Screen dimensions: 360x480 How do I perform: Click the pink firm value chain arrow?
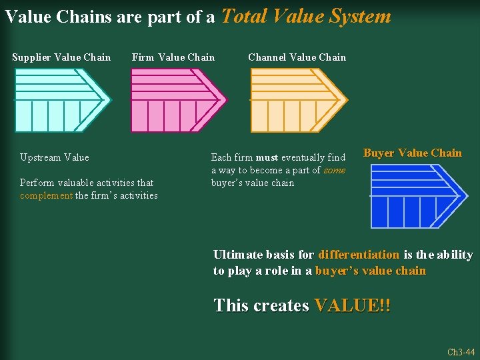click(x=177, y=100)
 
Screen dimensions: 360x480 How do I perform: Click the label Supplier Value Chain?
click(x=61, y=57)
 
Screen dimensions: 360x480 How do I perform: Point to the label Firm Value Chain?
click(x=173, y=57)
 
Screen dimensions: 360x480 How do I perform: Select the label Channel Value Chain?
click(x=297, y=57)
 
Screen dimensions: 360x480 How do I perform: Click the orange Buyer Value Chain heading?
click(x=412, y=153)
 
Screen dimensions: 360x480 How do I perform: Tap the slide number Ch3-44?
click(x=461, y=352)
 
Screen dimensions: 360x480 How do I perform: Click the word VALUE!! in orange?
click(x=353, y=306)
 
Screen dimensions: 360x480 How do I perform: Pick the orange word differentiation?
click(x=359, y=255)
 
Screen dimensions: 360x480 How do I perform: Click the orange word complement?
click(x=46, y=195)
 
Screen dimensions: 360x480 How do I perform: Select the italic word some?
click(x=335, y=170)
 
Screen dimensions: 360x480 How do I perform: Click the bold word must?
click(x=267, y=158)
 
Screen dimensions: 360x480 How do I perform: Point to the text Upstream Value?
click(x=54, y=158)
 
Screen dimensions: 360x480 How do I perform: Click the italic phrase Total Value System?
click(x=306, y=16)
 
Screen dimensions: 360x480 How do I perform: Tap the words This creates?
click(x=261, y=306)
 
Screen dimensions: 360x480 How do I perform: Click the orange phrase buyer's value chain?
click(x=371, y=271)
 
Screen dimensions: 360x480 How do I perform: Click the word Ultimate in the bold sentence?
click(x=237, y=255)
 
